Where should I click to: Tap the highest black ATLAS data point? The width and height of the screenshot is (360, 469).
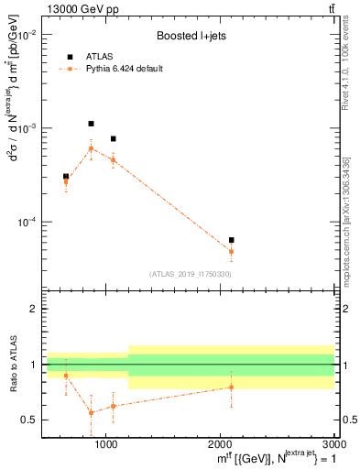click(x=91, y=124)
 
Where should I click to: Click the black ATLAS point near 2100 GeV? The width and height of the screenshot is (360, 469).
click(x=231, y=240)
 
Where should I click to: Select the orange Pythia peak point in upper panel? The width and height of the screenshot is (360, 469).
click(x=91, y=148)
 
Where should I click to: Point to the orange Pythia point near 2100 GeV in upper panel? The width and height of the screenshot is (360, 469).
click(x=231, y=251)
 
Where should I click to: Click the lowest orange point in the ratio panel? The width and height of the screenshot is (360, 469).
click(x=91, y=412)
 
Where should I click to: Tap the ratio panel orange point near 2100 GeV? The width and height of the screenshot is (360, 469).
click(x=231, y=387)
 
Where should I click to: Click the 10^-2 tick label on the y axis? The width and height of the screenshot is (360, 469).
click(x=29, y=35)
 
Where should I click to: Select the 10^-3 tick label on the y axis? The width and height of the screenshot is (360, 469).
click(x=29, y=128)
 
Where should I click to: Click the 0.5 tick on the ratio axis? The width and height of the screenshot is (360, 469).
click(x=31, y=420)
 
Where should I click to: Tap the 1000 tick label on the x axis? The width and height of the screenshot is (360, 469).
click(x=106, y=444)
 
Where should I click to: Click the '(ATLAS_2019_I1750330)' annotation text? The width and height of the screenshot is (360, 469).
click(x=191, y=274)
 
